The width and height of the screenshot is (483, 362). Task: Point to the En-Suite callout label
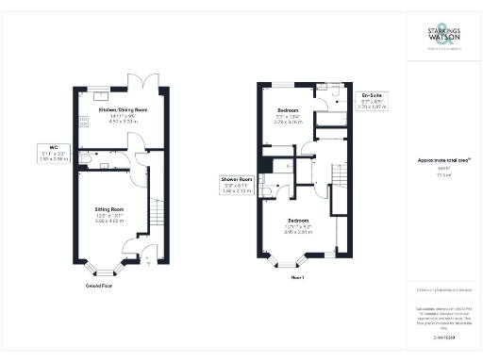tap(372, 101)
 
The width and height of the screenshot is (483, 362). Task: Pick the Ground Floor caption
tap(99, 284)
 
